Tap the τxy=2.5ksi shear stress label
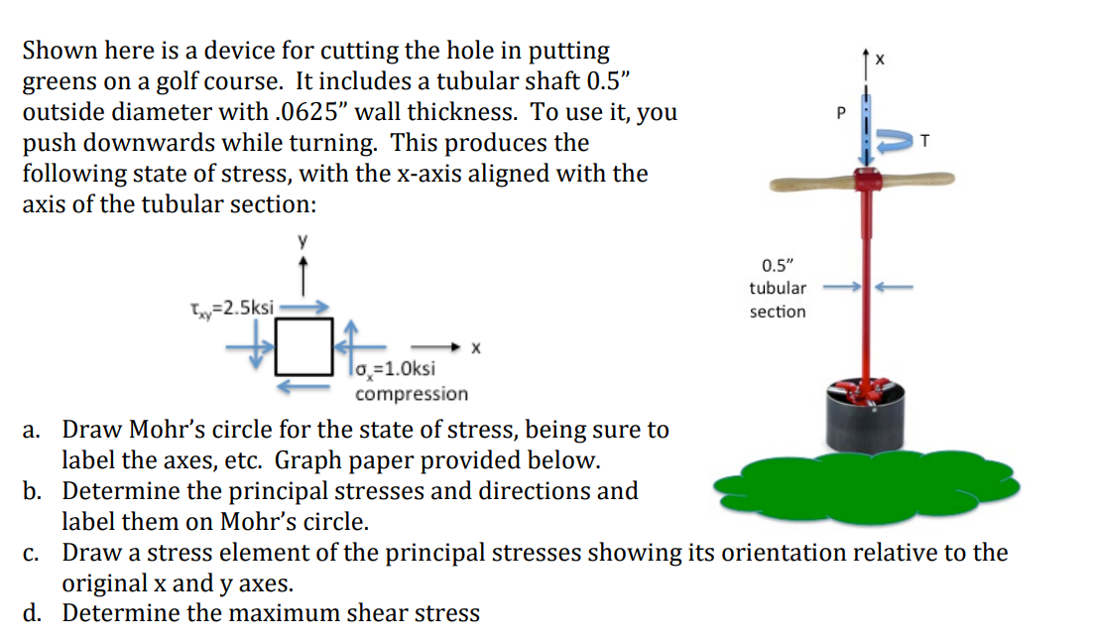[x=233, y=308]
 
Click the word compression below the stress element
[x=412, y=394]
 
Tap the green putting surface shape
[x=863, y=490]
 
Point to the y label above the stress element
[x=305, y=241]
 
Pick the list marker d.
[x=34, y=613]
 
